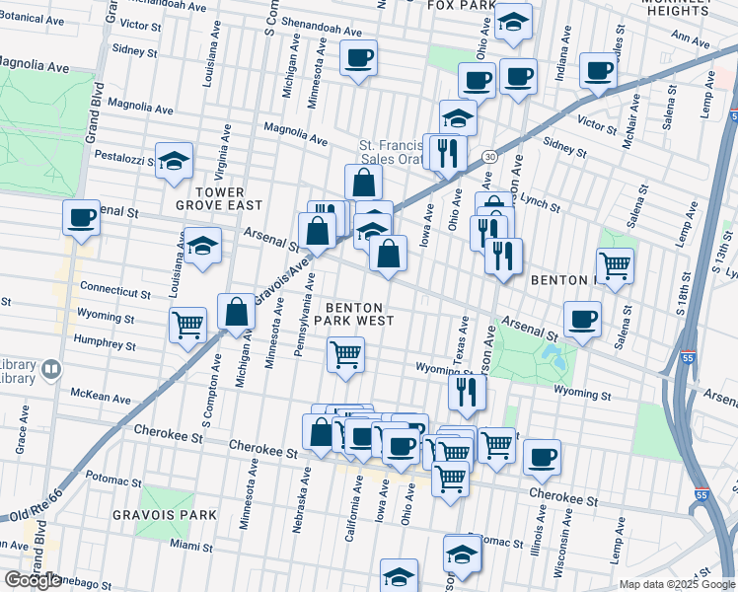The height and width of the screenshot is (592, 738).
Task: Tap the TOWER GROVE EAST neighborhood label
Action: pyautogui.click(x=219, y=198)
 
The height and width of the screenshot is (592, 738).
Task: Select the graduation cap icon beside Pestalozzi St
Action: pyautogui.click(x=174, y=161)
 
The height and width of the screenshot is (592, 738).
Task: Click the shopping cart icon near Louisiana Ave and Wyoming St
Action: pyautogui.click(x=187, y=323)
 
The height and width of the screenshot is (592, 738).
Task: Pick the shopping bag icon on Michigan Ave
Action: pyautogui.click(x=237, y=311)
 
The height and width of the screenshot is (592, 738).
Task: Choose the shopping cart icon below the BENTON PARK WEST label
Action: pyautogui.click(x=345, y=353)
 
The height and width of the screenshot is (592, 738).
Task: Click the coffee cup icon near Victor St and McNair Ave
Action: pyautogui.click(x=598, y=69)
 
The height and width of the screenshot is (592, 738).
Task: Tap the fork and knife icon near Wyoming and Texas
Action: pyautogui.click(x=467, y=391)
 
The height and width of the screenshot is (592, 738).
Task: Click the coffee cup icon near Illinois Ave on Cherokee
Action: pyautogui.click(x=542, y=457)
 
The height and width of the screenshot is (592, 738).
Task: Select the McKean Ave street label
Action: pyautogui.click(x=100, y=399)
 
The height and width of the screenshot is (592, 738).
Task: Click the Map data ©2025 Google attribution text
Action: pyautogui.click(x=676, y=584)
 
